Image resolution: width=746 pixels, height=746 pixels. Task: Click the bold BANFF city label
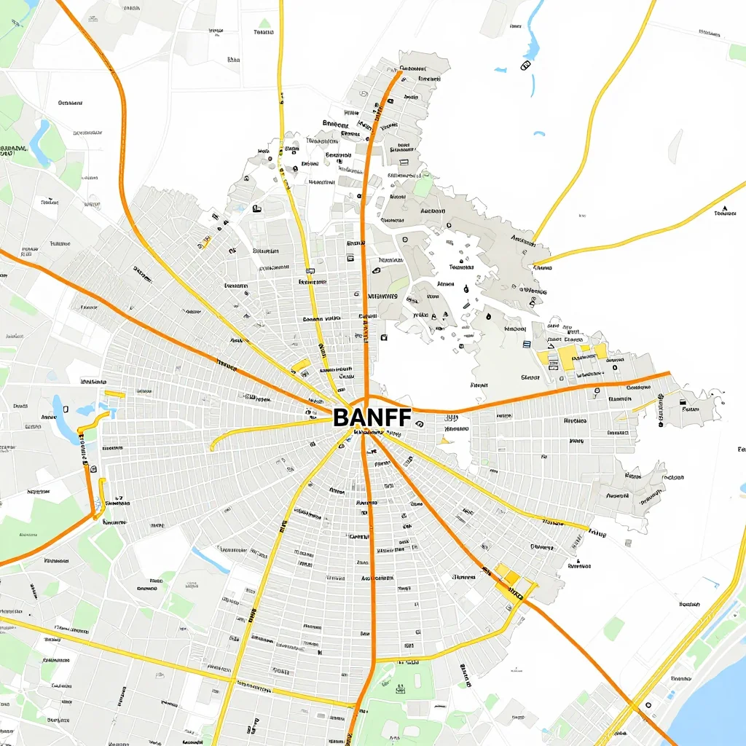point(372,417)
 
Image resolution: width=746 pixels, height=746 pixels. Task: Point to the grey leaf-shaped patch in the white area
point(676,146)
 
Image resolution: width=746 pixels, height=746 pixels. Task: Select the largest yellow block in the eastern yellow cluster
point(568,357)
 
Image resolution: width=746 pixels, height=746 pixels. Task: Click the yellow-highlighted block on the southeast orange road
point(508,578)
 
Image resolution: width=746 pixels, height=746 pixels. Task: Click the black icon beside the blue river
point(525,66)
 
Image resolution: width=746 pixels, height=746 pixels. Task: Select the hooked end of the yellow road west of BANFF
point(213,446)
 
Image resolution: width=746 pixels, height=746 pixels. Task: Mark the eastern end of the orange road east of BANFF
point(669,374)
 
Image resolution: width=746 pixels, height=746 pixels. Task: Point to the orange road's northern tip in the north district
point(399,72)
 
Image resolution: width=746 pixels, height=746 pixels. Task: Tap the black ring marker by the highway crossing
point(648,705)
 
